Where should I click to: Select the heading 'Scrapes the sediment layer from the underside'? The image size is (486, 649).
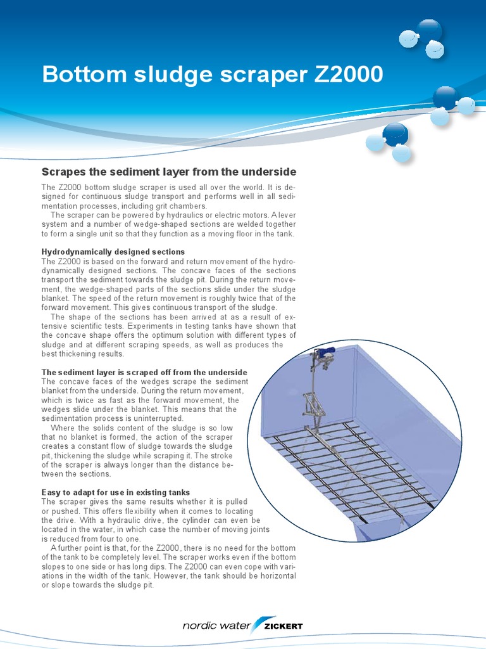(168, 172)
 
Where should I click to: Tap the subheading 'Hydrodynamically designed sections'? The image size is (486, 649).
(113, 252)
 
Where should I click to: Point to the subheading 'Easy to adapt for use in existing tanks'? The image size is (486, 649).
(116, 492)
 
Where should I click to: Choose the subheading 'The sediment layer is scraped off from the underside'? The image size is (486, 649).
(144, 372)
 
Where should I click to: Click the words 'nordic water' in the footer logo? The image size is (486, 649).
(216, 626)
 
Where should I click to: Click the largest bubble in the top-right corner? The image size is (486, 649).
(430, 31)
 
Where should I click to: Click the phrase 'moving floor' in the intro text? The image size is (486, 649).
(229, 234)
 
